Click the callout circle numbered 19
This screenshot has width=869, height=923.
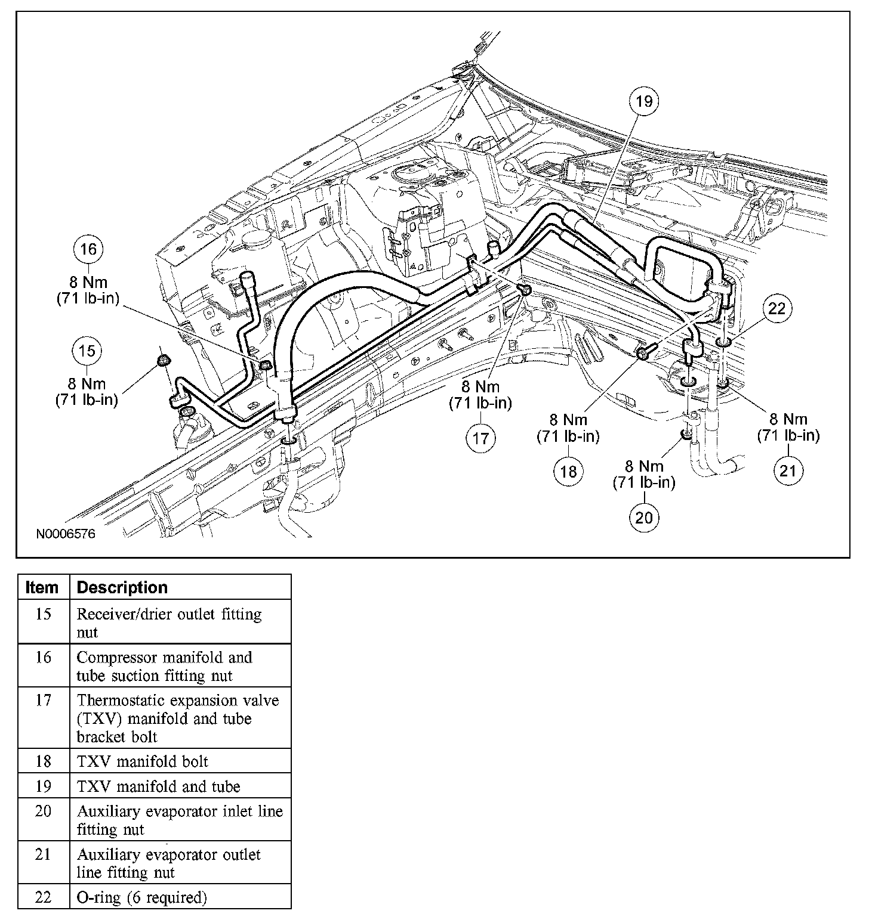point(645,101)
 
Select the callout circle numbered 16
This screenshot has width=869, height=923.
point(88,249)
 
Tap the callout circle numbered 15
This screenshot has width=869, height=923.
point(87,351)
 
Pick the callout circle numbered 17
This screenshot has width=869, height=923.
point(480,439)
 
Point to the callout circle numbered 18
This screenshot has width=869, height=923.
point(568,472)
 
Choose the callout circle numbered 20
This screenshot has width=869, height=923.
point(644,517)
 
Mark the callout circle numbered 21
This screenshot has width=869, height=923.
point(788,471)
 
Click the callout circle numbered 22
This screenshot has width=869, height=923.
point(777,308)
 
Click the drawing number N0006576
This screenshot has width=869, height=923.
point(66,534)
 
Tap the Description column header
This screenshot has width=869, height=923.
point(122,587)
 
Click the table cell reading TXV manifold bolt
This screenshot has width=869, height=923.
point(143,761)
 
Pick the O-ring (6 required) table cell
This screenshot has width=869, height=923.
point(142,897)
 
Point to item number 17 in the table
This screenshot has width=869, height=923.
point(43,700)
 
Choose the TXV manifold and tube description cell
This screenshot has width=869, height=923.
point(158,786)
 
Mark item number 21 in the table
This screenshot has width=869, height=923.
point(43,854)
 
